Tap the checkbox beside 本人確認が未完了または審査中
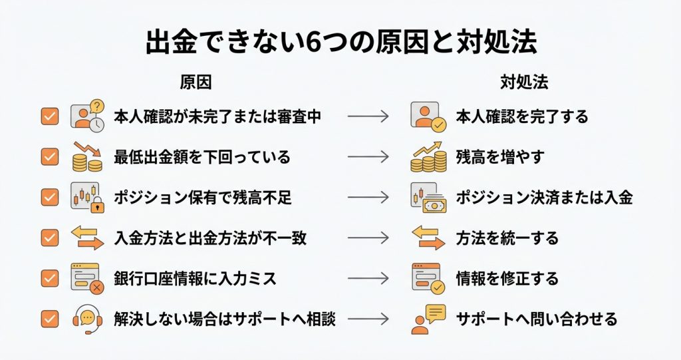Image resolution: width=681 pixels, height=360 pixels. tap(49, 116)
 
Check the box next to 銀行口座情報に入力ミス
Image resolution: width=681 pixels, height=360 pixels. tap(49, 278)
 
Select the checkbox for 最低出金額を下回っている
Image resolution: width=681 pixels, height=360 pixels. tap(49, 156)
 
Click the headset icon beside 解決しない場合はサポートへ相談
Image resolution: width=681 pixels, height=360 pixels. tap(87, 319)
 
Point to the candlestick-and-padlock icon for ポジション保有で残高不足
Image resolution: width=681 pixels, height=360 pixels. tap(87, 197)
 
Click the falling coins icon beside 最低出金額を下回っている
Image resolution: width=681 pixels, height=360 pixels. tap(87, 156)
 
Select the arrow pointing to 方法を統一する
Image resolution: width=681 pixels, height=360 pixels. tap(368, 238)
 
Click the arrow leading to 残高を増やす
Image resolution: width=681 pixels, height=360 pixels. tap(368, 156)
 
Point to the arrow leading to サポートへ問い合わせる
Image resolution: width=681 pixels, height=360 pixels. tap(368, 319)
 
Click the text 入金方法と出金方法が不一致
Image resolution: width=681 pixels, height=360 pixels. tap(210, 238)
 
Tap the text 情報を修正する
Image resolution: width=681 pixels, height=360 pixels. tap(507, 278)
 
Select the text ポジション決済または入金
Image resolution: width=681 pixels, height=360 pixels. tap(544, 197)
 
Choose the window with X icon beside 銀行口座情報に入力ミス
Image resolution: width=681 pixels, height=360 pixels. tap(87, 278)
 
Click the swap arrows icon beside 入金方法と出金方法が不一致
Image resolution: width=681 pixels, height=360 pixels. tap(87, 238)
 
